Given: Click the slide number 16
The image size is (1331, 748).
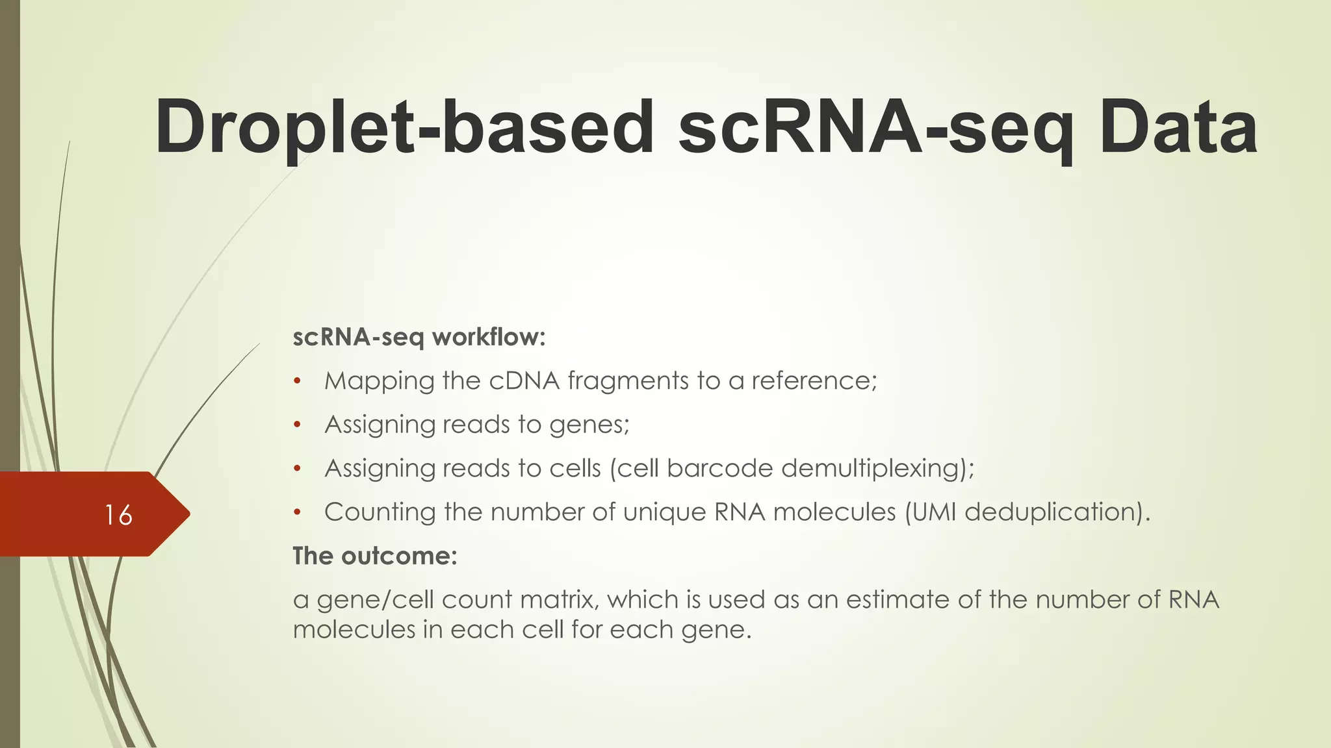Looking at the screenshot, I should tap(118, 515).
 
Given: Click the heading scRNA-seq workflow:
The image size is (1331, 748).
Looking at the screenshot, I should tap(419, 337).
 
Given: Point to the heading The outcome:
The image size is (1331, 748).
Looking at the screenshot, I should tap(375, 556).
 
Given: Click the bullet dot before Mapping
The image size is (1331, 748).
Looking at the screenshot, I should tap(297, 381).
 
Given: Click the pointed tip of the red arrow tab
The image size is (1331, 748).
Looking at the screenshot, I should tap(188, 514).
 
